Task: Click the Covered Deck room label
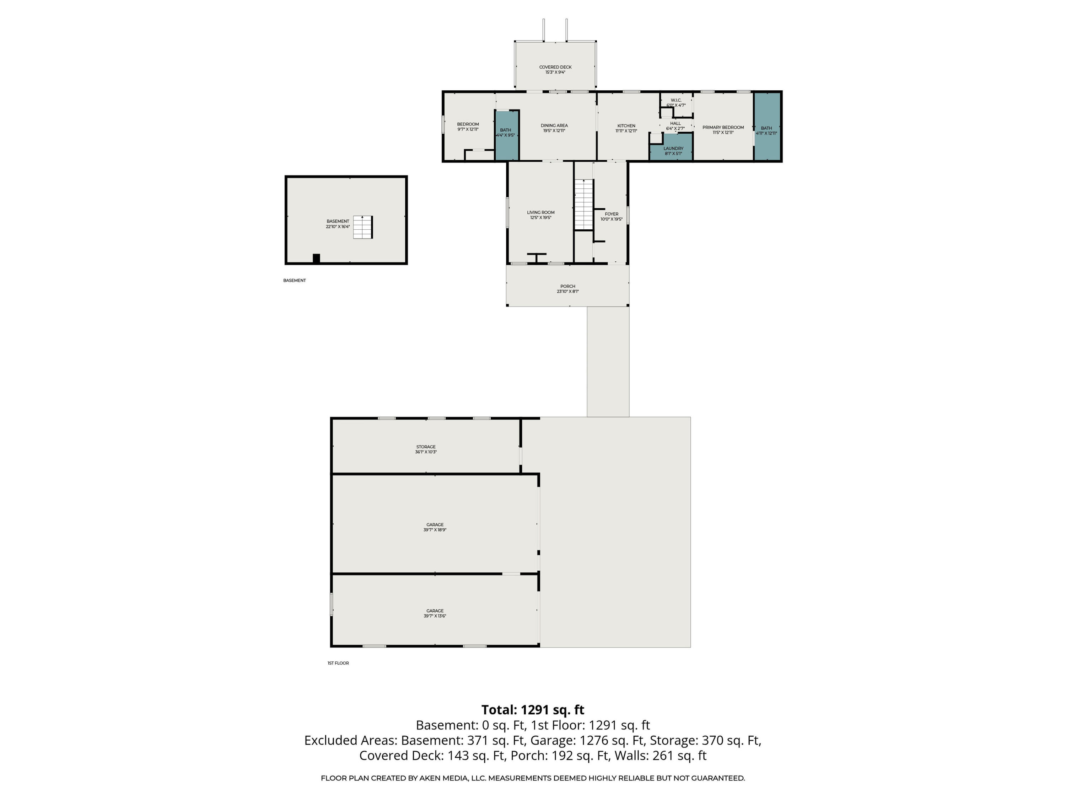[555, 67]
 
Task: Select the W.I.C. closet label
[675, 100]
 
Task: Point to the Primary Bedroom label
[723, 127]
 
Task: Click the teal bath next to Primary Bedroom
[767, 126]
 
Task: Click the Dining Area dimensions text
[554, 131]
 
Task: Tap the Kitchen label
[626, 126]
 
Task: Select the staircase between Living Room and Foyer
[583, 204]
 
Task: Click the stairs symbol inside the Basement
[363, 227]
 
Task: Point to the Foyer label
[611, 214]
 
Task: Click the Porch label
[568, 286]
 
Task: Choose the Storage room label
[426, 447]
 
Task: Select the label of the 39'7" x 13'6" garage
[435, 610]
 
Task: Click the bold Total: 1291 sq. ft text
[533, 710]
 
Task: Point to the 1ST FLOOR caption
[338, 663]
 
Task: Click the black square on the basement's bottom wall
[316, 258]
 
